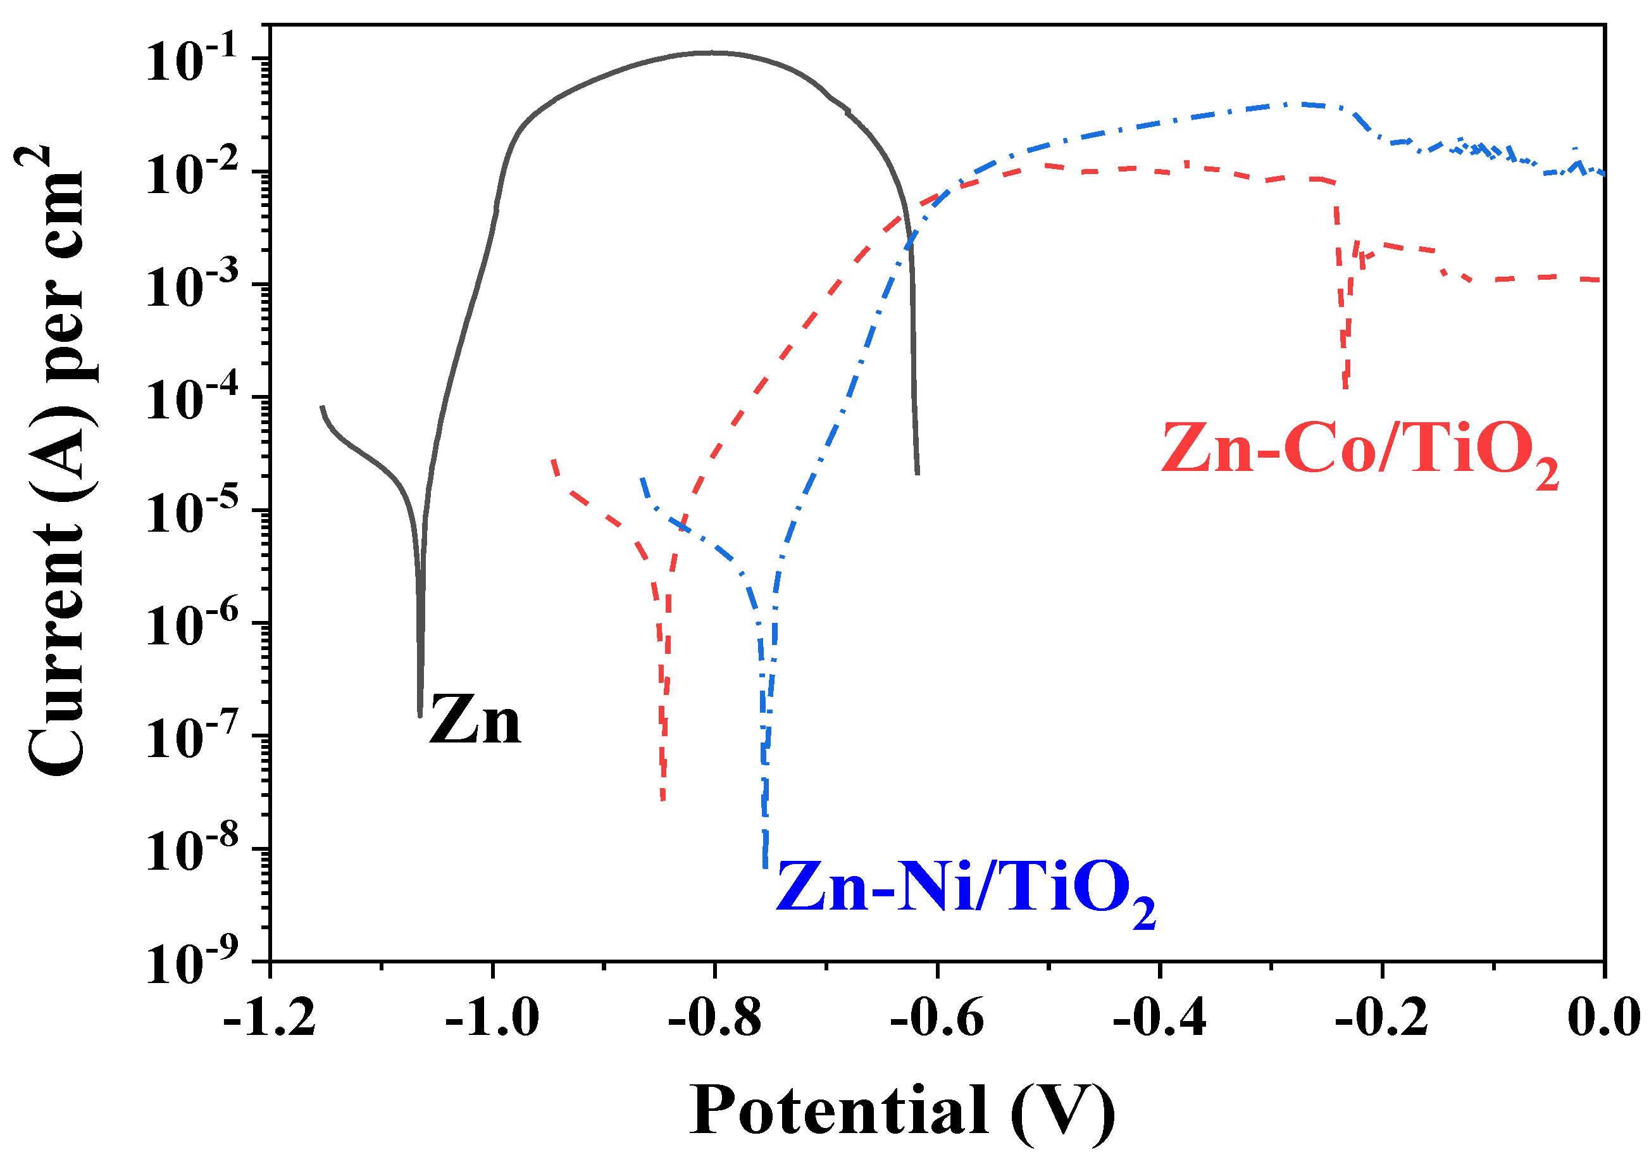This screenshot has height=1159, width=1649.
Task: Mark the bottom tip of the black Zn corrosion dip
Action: tap(420, 714)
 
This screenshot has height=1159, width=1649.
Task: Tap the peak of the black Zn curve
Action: tap(711, 52)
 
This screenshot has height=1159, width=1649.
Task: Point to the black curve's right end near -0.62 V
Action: tap(917, 473)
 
